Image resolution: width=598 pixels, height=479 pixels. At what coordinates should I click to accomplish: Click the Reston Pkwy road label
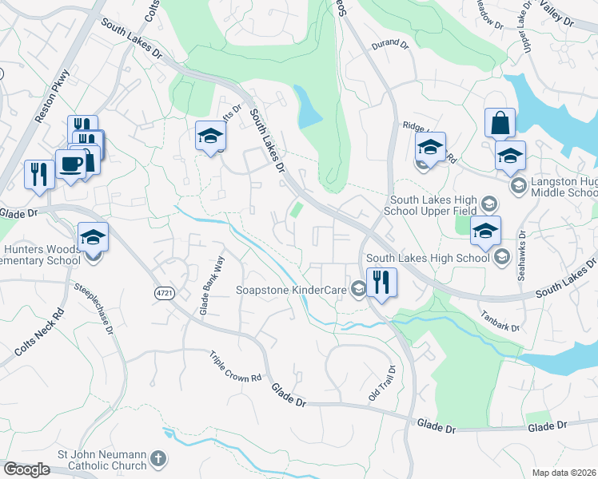54,97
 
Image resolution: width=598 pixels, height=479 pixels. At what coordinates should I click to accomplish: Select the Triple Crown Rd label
236,366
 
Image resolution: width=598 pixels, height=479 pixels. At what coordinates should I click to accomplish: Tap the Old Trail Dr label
382,384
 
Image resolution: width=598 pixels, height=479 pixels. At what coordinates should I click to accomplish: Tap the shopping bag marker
500,124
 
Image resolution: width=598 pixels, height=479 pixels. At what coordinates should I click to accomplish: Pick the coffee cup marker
70,164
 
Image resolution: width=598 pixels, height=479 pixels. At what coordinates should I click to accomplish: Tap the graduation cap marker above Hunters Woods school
93,237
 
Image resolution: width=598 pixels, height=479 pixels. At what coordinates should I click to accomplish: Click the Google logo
26,469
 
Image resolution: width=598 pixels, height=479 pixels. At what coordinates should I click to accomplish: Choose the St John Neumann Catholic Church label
101,459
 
